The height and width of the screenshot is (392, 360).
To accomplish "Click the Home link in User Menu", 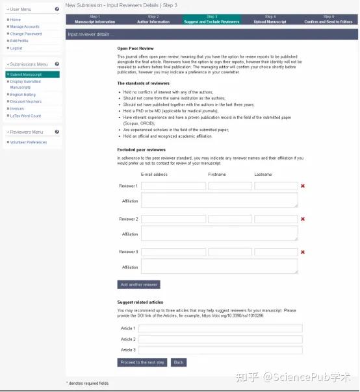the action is point(16,19).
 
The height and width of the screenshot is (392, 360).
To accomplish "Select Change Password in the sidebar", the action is point(26,34).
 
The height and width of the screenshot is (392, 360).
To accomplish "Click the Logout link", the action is point(17,48).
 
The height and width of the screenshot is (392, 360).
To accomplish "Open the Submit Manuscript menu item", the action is point(26,75).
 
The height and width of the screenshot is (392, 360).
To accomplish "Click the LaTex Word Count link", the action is point(26,116).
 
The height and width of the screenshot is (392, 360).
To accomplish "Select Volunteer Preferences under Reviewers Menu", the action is point(29,142).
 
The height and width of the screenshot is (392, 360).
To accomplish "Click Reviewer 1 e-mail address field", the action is point(174,186).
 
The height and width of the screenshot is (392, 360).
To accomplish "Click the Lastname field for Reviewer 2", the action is point(276,219).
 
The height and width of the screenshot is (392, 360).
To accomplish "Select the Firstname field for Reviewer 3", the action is point(230,252).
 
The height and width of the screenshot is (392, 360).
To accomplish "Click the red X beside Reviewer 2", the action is point(303,219).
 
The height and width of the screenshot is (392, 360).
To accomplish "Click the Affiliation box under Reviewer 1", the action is point(219,200).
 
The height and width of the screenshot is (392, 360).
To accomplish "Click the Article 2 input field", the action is point(220,339).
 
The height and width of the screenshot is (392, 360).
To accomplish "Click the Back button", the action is point(179,362).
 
